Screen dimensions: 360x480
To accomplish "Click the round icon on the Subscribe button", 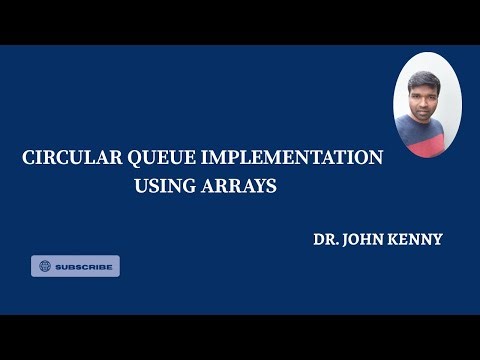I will (44, 266).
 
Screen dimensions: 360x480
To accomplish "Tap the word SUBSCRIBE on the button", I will (83, 267).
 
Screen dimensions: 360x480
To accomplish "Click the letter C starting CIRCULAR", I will (28, 158).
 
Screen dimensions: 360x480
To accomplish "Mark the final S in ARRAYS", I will (270, 186).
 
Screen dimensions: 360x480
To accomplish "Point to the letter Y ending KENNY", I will (436, 241).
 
